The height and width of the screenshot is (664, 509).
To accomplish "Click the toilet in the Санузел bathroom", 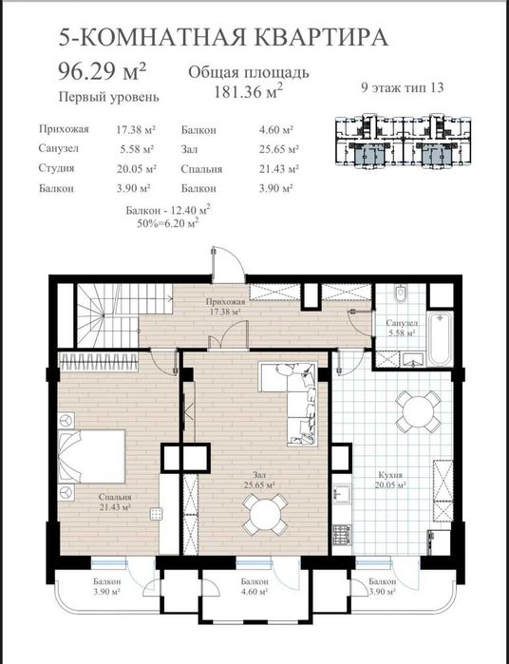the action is click(400, 294).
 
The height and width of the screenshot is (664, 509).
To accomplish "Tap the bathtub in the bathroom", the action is click(440, 339).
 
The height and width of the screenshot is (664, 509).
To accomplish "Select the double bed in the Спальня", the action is click(91, 456).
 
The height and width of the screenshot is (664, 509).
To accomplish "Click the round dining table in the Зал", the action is click(266, 514).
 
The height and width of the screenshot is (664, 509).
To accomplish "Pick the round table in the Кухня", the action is click(418, 411).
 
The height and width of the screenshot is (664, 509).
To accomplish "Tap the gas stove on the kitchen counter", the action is click(341, 535).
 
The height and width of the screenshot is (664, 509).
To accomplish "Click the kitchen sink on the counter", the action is click(341, 494).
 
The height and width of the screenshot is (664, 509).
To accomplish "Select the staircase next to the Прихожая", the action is click(114, 315).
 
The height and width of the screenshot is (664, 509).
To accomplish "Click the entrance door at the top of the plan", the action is click(228, 265).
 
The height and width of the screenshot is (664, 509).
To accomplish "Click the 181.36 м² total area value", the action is click(248, 91).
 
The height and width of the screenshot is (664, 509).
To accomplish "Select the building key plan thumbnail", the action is click(404, 141).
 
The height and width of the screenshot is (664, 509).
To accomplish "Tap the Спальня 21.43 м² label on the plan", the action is click(115, 502).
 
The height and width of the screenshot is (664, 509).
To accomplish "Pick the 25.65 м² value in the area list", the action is click(279, 149).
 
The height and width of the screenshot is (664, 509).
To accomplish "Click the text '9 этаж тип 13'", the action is click(402, 87).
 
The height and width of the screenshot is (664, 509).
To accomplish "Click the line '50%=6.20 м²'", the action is click(168, 223).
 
